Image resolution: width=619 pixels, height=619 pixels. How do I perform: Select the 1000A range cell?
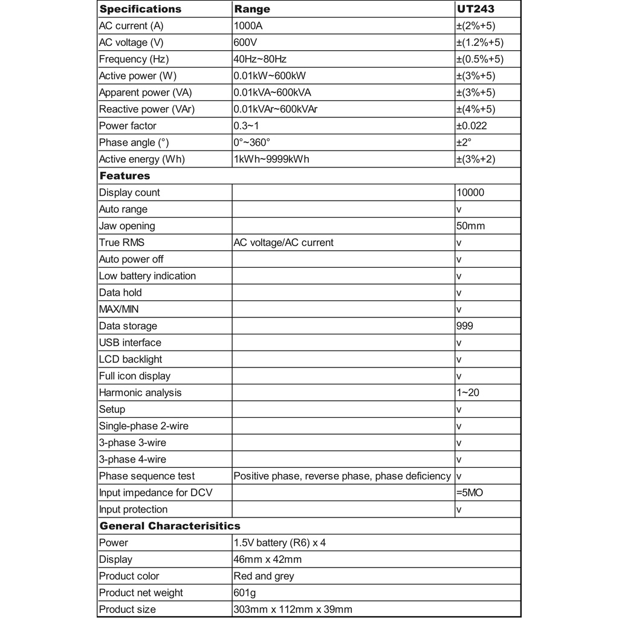248,26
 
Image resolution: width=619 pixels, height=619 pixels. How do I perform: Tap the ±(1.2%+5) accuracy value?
479,42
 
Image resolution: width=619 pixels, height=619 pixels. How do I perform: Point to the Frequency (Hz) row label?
134,59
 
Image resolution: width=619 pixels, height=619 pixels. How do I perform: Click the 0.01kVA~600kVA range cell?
273,92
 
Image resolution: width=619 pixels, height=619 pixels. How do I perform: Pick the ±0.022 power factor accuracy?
472,126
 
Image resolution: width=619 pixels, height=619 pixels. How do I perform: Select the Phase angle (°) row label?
133,143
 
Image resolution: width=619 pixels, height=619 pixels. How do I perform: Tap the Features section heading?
125,176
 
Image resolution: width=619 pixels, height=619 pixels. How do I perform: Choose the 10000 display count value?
470,192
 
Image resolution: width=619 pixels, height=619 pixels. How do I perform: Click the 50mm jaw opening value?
470,226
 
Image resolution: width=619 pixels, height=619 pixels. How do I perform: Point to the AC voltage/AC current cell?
283,242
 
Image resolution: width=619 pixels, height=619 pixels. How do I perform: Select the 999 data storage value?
465,326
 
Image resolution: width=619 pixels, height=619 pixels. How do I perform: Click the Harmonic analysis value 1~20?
468,392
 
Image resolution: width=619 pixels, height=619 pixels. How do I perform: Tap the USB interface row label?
130,343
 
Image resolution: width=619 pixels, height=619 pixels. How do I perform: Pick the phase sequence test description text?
342,476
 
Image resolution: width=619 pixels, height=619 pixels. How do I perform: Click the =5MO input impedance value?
470,493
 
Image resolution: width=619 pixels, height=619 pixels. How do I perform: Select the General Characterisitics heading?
170,526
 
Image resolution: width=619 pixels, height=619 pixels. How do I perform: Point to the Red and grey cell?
264,576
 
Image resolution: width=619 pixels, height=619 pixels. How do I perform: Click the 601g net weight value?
245,593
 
